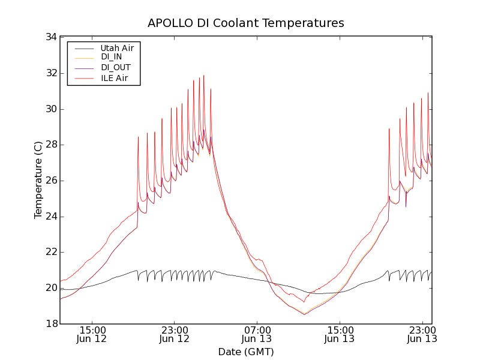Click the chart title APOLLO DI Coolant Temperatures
tap(246, 23)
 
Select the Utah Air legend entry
tap(117, 47)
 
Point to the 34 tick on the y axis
tap(51, 37)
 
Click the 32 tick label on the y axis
tap(51, 73)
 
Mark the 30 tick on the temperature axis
tap(51, 109)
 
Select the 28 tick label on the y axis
tap(51, 145)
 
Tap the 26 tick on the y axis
tap(51, 181)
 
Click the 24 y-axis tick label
tap(51, 217)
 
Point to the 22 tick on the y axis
tap(51, 253)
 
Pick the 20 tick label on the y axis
tap(51, 288)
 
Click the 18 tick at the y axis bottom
tap(51, 324)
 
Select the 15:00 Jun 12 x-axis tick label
tap(92, 334)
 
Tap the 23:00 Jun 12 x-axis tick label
tap(175, 334)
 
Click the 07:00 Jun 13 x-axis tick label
tap(257, 334)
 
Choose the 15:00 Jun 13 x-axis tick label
tap(340, 334)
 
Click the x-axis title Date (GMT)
tap(246, 352)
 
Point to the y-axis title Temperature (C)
tap(38, 180)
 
